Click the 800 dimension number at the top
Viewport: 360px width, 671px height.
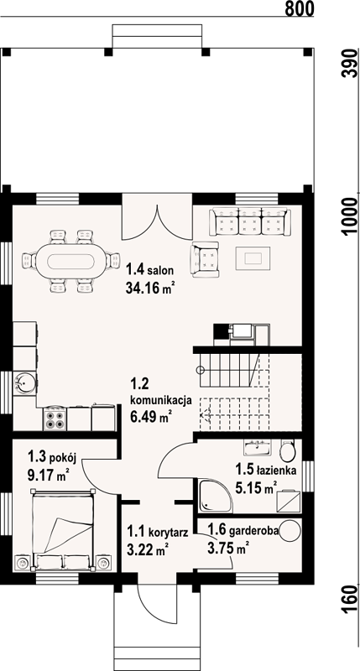coord(300,8)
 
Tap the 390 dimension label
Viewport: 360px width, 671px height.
coord(351,63)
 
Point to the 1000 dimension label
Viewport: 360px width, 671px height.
coord(351,217)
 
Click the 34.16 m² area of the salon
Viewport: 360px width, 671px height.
coord(151,289)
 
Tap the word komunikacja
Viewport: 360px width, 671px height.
coord(160,400)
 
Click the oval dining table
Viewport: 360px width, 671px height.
coord(71,261)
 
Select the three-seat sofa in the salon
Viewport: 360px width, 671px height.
coord(249,222)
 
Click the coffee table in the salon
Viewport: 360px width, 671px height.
coord(253,258)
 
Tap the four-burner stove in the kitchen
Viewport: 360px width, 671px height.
coord(55,419)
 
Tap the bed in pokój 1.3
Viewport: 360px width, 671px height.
coord(63,529)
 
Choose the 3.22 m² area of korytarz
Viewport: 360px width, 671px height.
coord(146,549)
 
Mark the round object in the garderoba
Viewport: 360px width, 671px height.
coord(290,531)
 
